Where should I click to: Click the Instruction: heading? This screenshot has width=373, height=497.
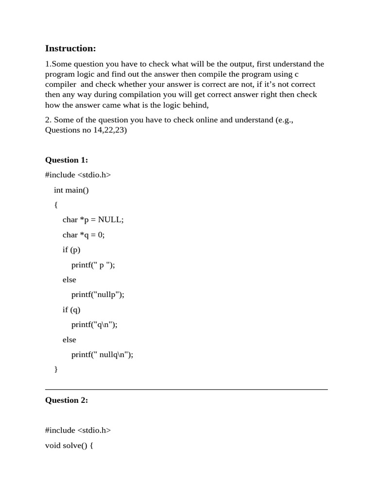70,48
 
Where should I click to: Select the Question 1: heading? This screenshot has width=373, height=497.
67,160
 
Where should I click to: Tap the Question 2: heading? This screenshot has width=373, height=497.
67,400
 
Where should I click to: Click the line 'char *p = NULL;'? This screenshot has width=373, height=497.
93,220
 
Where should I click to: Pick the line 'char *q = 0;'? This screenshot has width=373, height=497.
84,235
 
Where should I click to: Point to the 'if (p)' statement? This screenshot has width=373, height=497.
71,250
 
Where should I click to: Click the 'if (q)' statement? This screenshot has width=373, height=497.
71,310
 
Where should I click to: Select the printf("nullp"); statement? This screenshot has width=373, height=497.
98,295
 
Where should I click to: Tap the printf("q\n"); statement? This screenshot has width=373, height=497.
94,325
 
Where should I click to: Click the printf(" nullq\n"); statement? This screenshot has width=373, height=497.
102,355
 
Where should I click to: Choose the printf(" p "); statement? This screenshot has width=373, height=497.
93,265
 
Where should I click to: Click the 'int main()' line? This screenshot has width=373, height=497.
71,190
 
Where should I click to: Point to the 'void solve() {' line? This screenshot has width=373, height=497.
69,445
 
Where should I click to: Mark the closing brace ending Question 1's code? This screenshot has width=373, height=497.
56,369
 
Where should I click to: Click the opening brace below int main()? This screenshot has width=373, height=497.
56,205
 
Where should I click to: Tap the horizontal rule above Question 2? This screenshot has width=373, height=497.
186,389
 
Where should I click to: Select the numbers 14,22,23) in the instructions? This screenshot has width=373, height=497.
110,130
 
